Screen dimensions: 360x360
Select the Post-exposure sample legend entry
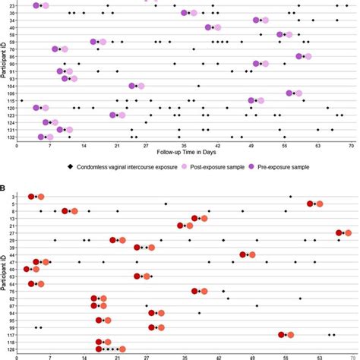pos(221,166)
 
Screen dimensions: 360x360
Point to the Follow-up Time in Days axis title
pos(184,153)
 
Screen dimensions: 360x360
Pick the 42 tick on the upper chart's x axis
pos(217,145)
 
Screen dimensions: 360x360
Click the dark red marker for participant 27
pos(339,232)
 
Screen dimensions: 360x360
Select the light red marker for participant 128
pos(109,342)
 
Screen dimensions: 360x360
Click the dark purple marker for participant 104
pos(132,86)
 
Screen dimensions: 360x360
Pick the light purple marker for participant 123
pos(122,115)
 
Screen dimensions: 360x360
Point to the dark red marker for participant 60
pos(27,269)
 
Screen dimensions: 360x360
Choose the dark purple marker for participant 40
pos(208,27)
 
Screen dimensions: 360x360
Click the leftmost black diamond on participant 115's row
pos(21,100)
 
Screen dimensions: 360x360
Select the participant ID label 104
pos(11,86)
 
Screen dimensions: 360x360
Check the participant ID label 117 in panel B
pos(11,334)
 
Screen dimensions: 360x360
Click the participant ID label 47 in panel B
pos(12,261)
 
